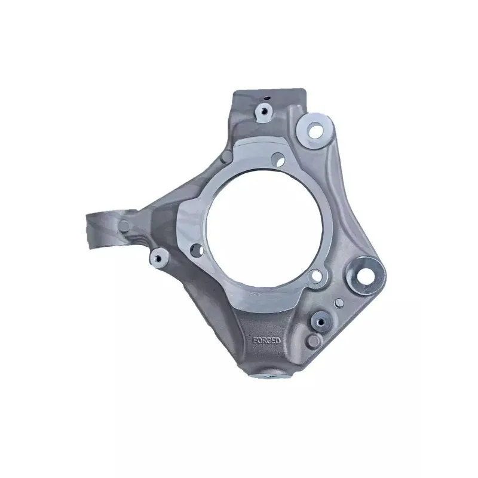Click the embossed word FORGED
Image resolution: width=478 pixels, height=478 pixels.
pyautogui.click(x=266, y=341)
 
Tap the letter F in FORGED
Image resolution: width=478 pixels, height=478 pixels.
pyautogui.click(x=255, y=341)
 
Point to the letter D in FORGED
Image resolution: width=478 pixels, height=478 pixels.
pyautogui.click(x=278, y=341)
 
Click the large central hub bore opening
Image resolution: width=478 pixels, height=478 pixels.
pyautogui.click(x=264, y=228)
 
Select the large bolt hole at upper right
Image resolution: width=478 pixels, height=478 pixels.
pyautogui.click(x=315, y=130)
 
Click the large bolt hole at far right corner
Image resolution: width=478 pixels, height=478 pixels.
pyautogui.click(x=366, y=276)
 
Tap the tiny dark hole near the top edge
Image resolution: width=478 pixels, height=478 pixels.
pyautogui.click(x=267, y=98)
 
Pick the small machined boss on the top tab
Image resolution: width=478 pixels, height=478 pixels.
pyautogui.click(x=263, y=112)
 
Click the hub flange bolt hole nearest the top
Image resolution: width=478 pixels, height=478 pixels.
pyautogui.click(x=278, y=159)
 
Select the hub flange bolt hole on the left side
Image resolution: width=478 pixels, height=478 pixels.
pyautogui.click(x=197, y=250)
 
